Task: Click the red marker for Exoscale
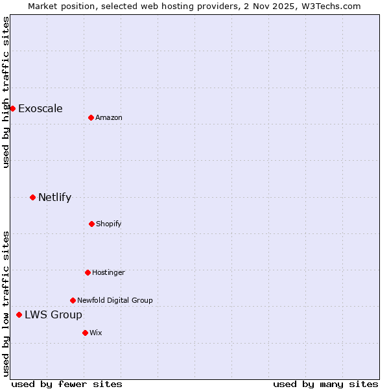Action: pyautogui.click(x=12, y=108)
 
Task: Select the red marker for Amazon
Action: pyautogui.click(x=91, y=117)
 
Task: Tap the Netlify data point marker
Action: pyautogui.click(x=32, y=197)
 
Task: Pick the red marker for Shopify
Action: pyautogui.click(x=91, y=224)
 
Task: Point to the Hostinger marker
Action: pyautogui.click(x=88, y=272)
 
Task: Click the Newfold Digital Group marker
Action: pyautogui.click(x=73, y=300)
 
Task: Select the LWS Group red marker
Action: pyautogui.click(x=19, y=314)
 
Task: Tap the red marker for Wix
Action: pyautogui.click(x=85, y=333)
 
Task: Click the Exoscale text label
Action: pyautogui.click(x=40, y=108)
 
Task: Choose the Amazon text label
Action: pyautogui.click(x=109, y=117)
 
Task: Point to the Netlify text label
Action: pyautogui.click(x=54, y=197)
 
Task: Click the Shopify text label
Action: pyautogui.click(x=109, y=224)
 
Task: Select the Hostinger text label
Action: pyautogui.click(x=108, y=272)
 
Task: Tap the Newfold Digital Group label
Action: pyautogui.click(x=115, y=300)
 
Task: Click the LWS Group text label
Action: pyautogui.click(x=53, y=314)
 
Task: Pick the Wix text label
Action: pyautogui.click(x=96, y=333)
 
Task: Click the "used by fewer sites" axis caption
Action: pyautogui.click(x=67, y=384)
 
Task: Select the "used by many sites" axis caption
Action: pyautogui.click(x=325, y=384)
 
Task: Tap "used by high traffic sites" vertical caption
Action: pyautogui.click(x=6, y=92)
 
